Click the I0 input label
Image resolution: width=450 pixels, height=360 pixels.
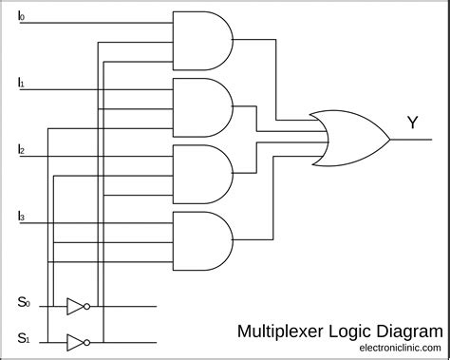[23, 16]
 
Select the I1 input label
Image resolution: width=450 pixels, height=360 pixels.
[22, 84]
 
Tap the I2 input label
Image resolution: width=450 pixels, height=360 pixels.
[22, 150]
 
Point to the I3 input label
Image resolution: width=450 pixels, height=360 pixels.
[22, 218]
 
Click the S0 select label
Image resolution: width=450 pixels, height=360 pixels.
[23, 303]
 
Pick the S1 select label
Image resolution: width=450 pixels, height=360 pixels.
[23, 336]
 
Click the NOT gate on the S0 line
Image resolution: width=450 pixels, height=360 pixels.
[76, 306]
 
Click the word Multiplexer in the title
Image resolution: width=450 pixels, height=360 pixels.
[279, 332]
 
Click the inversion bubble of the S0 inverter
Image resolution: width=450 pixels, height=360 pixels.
[88, 306]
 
